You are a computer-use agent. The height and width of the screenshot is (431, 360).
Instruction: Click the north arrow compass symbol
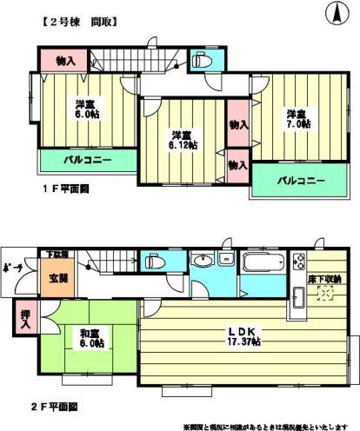[333, 13]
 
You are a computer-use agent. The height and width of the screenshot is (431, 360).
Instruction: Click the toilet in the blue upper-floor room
[200, 61]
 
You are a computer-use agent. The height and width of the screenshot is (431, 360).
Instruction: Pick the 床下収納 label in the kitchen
[325, 278]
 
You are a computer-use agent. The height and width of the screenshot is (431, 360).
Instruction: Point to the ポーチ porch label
[12, 268]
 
